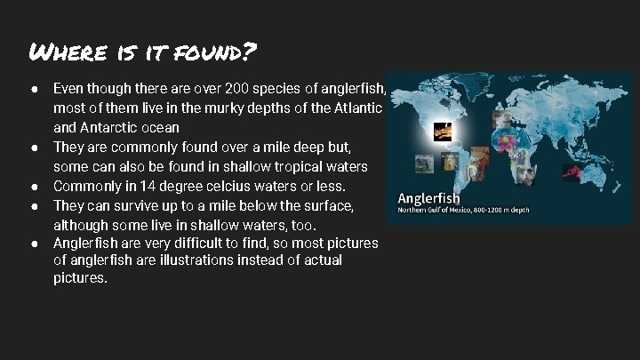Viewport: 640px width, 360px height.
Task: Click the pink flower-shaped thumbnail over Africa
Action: coord(515,139)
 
